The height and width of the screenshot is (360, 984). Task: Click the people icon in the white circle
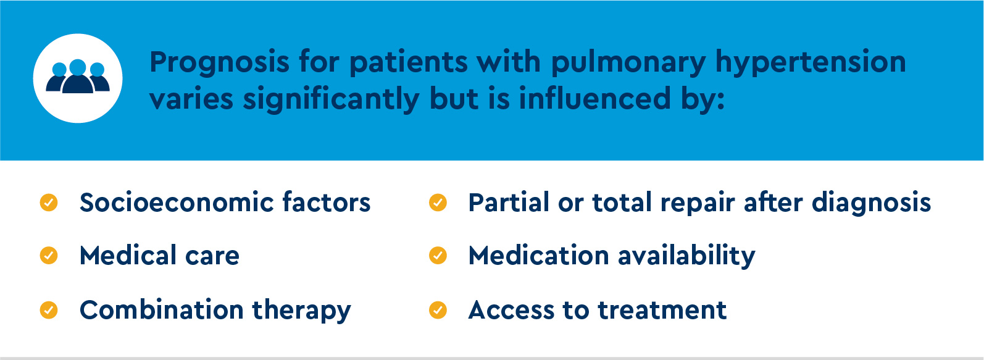tap(78, 77)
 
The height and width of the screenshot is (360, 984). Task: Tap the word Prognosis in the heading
tap(219, 62)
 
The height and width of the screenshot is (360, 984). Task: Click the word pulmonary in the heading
tap(628, 62)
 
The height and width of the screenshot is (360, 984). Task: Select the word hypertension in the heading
tap(811, 62)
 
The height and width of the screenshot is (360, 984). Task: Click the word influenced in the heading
tap(595, 98)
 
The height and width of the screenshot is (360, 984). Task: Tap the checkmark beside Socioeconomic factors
tap(49, 203)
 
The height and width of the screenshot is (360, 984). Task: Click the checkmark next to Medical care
tap(49, 256)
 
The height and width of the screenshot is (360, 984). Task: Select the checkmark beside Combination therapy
tap(49, 310)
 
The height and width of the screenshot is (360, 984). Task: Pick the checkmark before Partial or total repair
tap(438, 203)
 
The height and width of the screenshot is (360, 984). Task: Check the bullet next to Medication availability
tap(438, 256)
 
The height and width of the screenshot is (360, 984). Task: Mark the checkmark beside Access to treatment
tap(438, 310)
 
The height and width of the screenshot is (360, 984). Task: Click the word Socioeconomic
tap(176, 203)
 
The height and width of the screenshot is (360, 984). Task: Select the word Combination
tap(161, 310)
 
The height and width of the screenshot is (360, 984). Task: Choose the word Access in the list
tap(511, 311)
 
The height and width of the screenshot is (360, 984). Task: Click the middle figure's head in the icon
tap(78, 67)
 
